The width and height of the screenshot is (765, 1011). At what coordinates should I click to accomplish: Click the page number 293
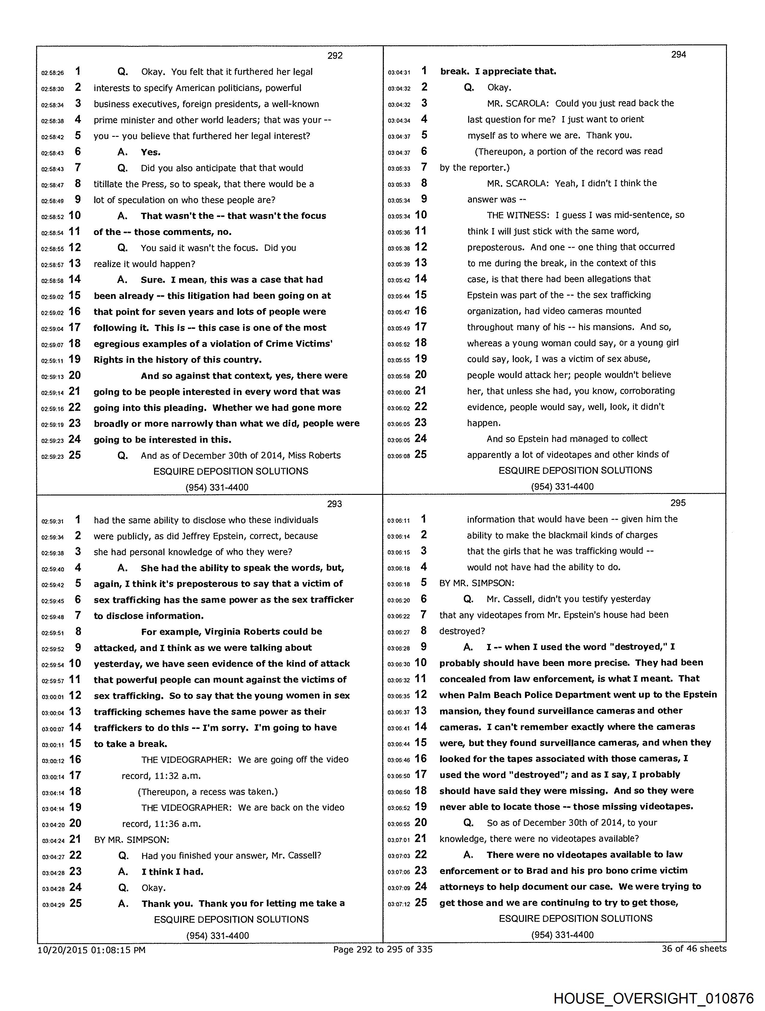pyautogui.click(x=334, y=504)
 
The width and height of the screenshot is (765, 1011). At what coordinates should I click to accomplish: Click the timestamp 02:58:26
pyautogui.click(x=52, y=73)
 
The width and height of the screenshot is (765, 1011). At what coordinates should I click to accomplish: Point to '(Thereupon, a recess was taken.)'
pyautogui.click(x=208, y=792)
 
